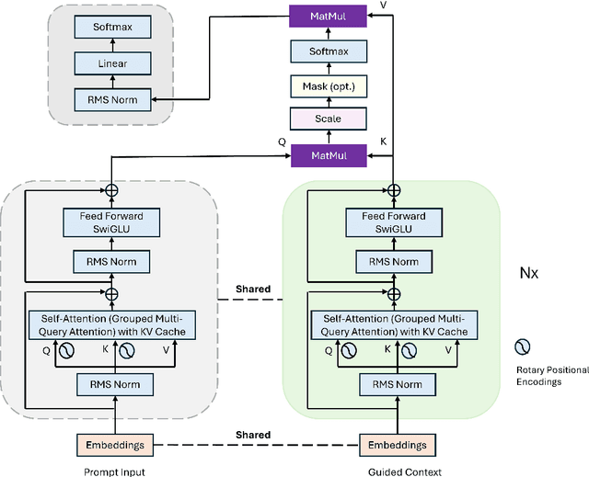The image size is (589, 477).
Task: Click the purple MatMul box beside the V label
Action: pos(328,16)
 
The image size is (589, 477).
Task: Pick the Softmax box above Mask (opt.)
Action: pos(328,53)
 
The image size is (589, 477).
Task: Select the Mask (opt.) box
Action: pos(328,87)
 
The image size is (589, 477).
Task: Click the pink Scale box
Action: pos(328,119)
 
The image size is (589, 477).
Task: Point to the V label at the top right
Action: pos(383,6)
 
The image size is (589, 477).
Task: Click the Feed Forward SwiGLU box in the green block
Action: pos(393,221)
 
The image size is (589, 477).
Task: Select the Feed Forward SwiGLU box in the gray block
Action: pos(111,221)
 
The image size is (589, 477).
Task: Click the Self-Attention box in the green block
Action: pos(393,324)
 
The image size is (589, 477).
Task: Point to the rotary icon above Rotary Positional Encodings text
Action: pos(523,346)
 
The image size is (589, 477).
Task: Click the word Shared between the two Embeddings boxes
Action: pos(252,435)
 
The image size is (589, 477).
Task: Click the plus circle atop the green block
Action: pos(393,190)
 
